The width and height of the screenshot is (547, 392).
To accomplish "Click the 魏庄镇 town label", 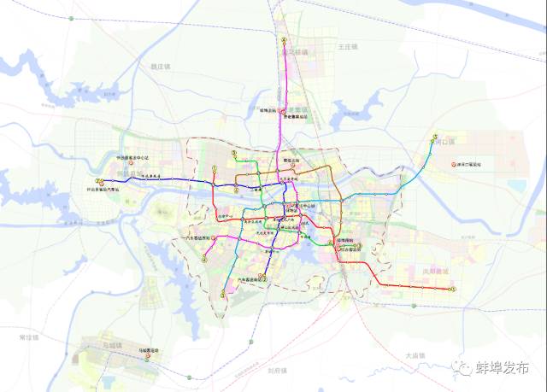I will click(x=161, y=65).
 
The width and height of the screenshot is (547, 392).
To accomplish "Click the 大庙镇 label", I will click(x=415, y=354).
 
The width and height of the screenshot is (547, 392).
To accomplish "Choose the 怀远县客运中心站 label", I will click(x=132, y=158).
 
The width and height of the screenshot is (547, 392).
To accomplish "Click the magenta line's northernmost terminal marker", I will click(x=283, y=40).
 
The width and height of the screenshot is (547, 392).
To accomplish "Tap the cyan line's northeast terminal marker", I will click(x=435, y=138).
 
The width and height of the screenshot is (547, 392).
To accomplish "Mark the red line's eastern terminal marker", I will click(x=455, y=289).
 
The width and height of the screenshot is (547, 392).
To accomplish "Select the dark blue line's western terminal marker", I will click(x=100, y=181).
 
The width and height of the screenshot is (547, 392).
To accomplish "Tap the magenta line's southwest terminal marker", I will click(x=224, y=295).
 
